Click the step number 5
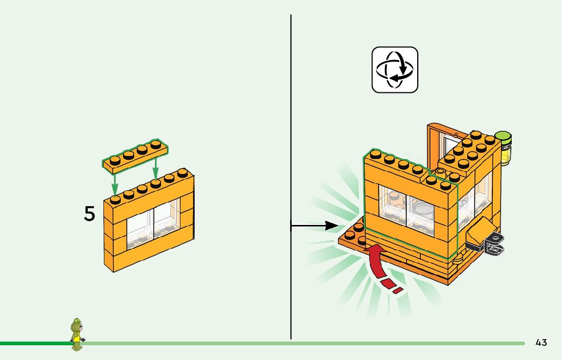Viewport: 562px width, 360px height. pos(89,214)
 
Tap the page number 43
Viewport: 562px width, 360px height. pos(541,343)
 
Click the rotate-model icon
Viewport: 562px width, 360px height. pos(395,70)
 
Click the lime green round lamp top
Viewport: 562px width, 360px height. pos(504,137)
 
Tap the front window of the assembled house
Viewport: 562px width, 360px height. pos(407,208)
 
